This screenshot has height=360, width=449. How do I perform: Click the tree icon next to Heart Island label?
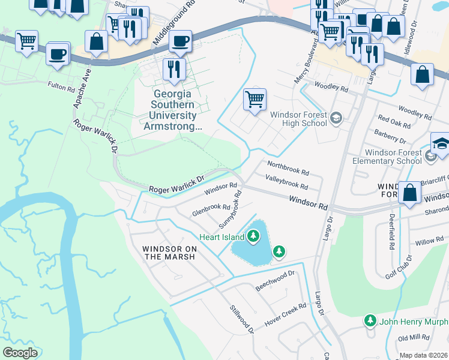click(x=253, y=236)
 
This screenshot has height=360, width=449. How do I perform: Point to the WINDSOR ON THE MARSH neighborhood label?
click(x=169, y=253)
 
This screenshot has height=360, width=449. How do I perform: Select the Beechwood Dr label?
click(x=276, y=277)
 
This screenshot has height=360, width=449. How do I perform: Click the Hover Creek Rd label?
click(x=286, y=313)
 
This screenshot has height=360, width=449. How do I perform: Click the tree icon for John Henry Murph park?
click(x=370, y=321)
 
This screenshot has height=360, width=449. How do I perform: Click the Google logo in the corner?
click(x=20, y=353)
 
